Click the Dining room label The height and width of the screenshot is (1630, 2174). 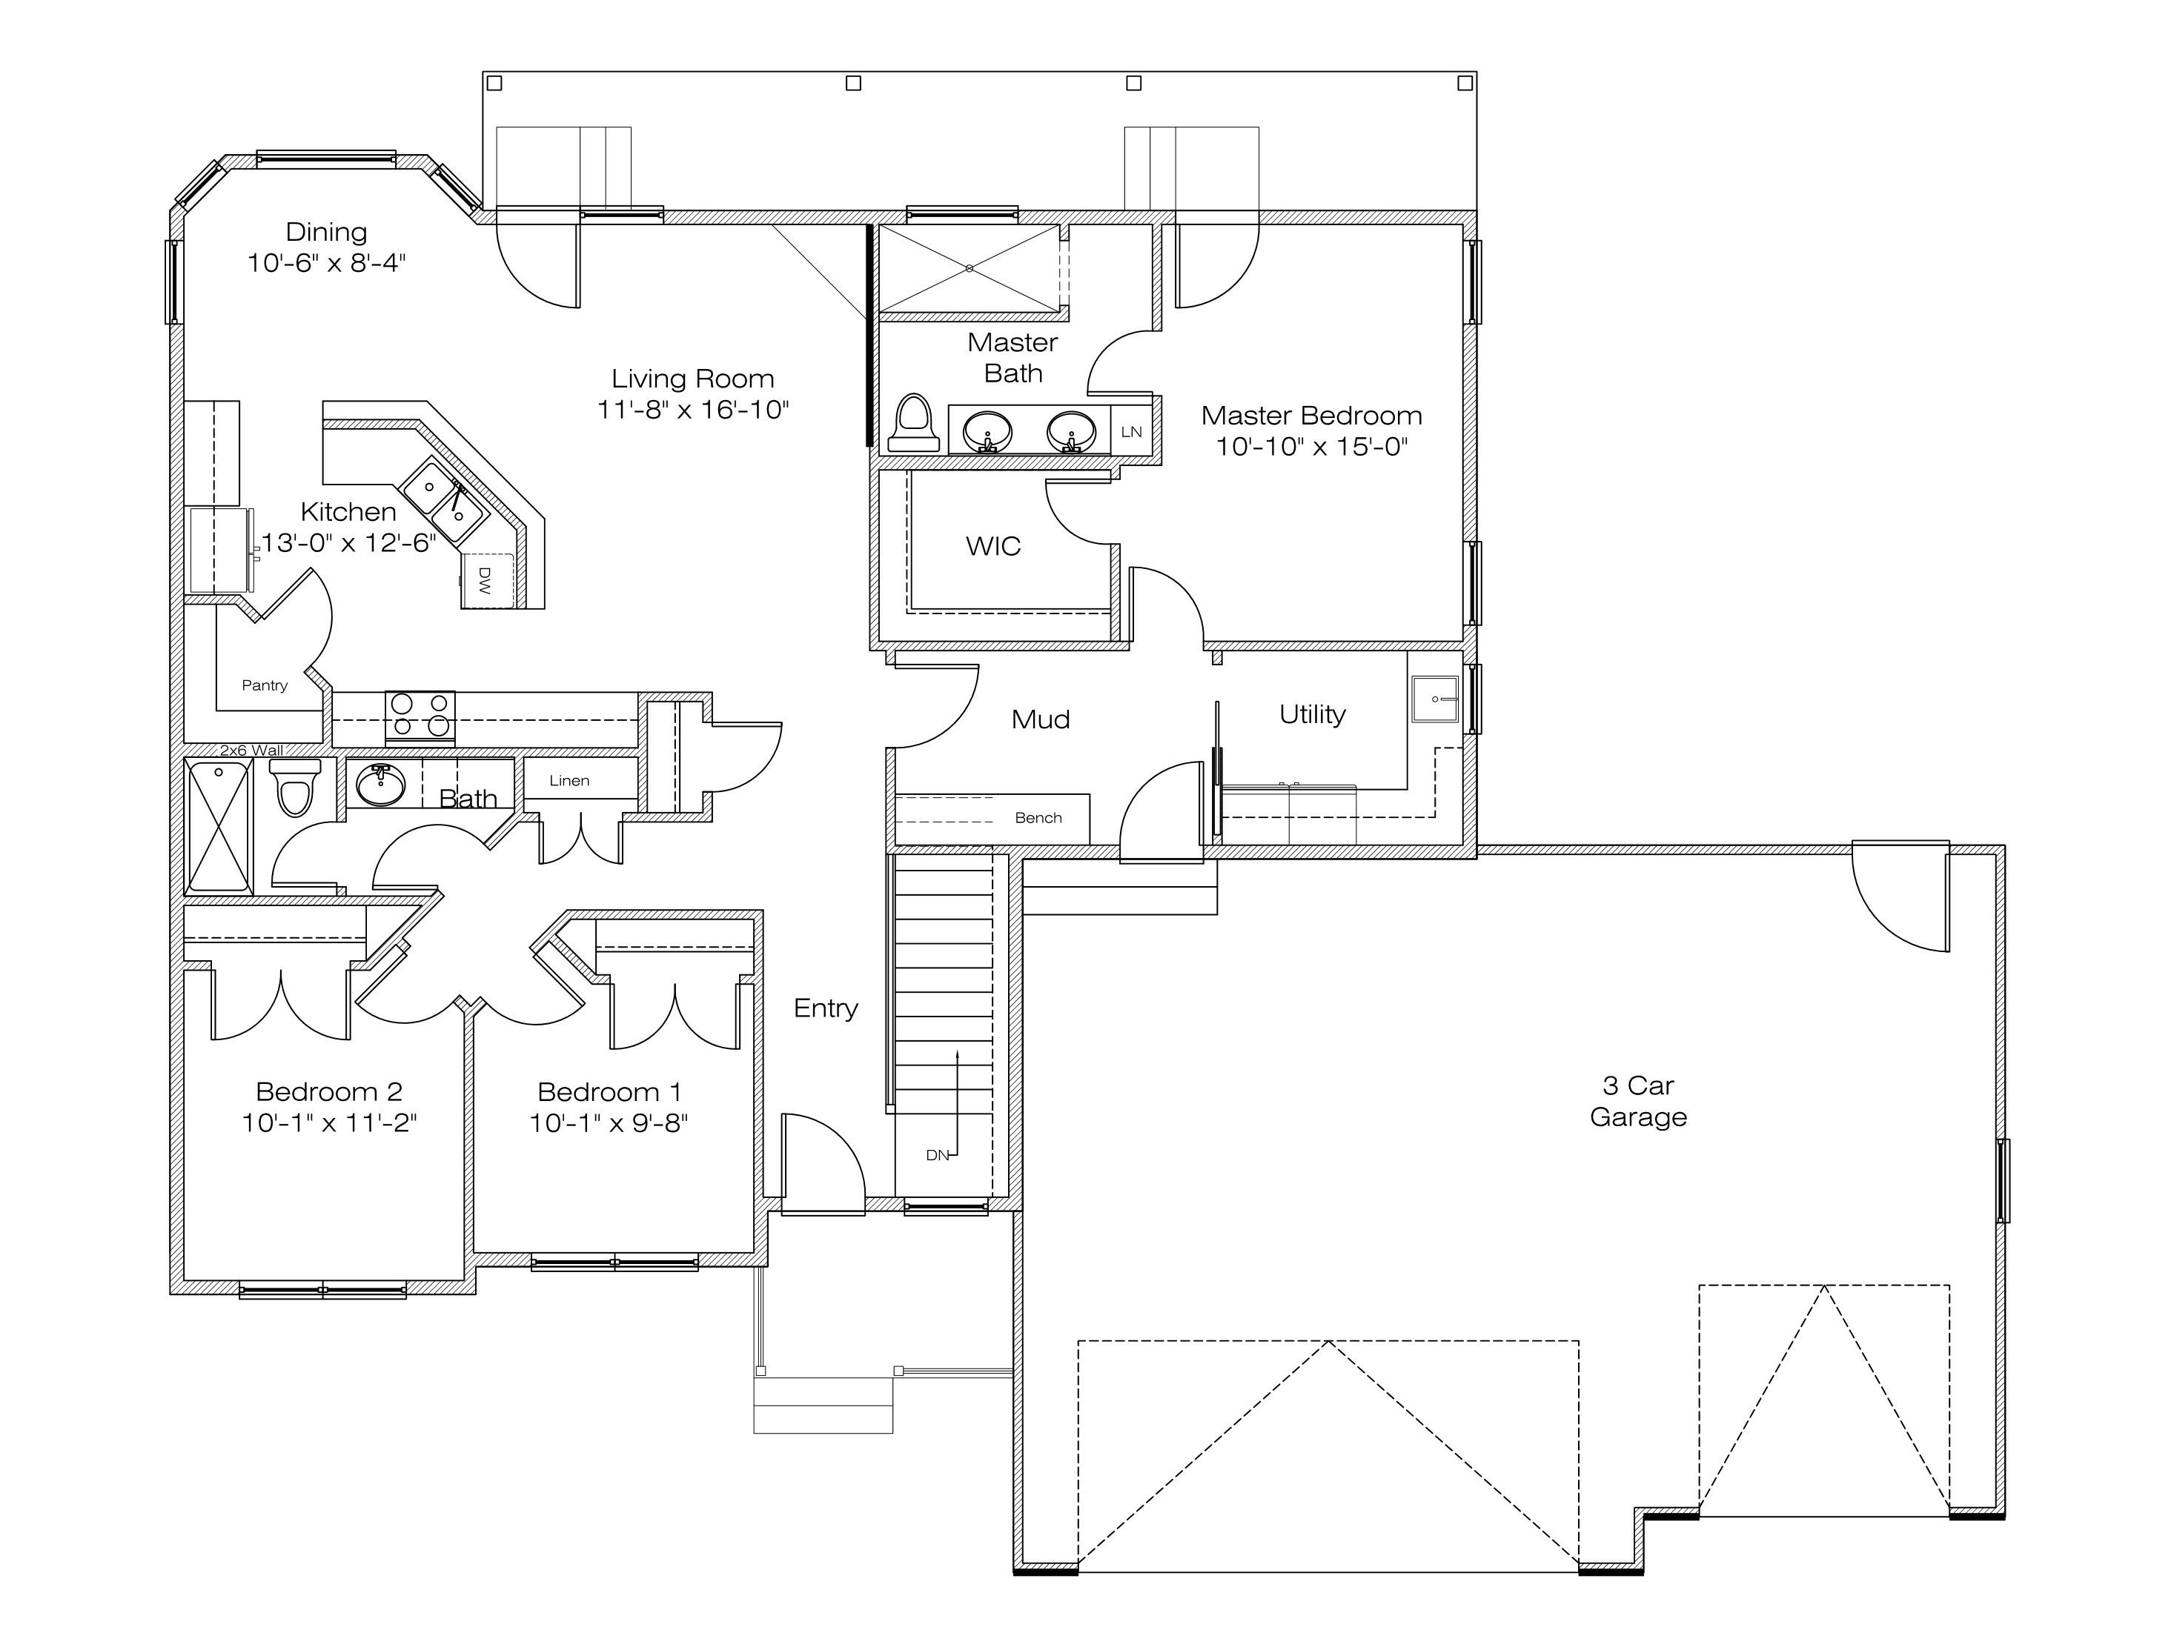tap(326, 232)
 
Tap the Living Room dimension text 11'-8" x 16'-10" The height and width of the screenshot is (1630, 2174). tap(693, 410)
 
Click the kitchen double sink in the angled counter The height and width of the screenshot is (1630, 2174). tap(444, 501)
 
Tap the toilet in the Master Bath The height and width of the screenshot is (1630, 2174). tap(914, 422)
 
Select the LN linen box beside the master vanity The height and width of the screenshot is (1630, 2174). tap(1131, 431)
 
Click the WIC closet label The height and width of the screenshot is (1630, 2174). tap(992, 546)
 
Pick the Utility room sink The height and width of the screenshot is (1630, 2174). tap(1435, 699)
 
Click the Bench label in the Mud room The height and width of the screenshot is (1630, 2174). tap(1038, 817)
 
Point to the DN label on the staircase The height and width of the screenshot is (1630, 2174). tap(938, 1155)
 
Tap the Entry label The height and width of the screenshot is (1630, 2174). tap(826, 1009)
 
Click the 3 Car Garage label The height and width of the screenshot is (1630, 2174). tap(1638, 1102)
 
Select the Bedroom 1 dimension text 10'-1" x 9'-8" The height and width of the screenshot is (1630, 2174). tap(609, 1123)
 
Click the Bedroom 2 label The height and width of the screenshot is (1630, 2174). tap(329, 1091)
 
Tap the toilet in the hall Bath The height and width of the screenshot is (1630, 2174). tap(295, 787)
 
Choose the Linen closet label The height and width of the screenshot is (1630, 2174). tap(569, 781)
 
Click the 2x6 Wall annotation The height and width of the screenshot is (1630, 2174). tap(251, 751)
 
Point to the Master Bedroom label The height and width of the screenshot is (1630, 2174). tap(1311, 416)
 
